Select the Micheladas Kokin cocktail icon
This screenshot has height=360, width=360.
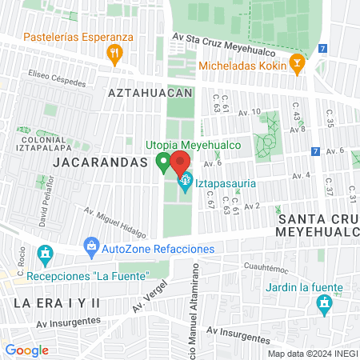pyautogui.click(x=298, y=64)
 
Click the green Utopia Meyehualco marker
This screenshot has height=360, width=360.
pyautogui.click(x=163, y=163)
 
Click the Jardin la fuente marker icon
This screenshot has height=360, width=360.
pyautogui.click(x=324, y=304)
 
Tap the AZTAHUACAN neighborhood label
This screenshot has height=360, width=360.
pyautogui.click(x=150, y=93)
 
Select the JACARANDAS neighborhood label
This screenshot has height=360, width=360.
pyautogui.click(x=101, y=162)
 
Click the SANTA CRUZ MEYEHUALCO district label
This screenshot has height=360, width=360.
pyautogui.click(x=315, y=224)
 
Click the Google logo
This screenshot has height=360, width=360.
pyautogui.click(x=26, y=350)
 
